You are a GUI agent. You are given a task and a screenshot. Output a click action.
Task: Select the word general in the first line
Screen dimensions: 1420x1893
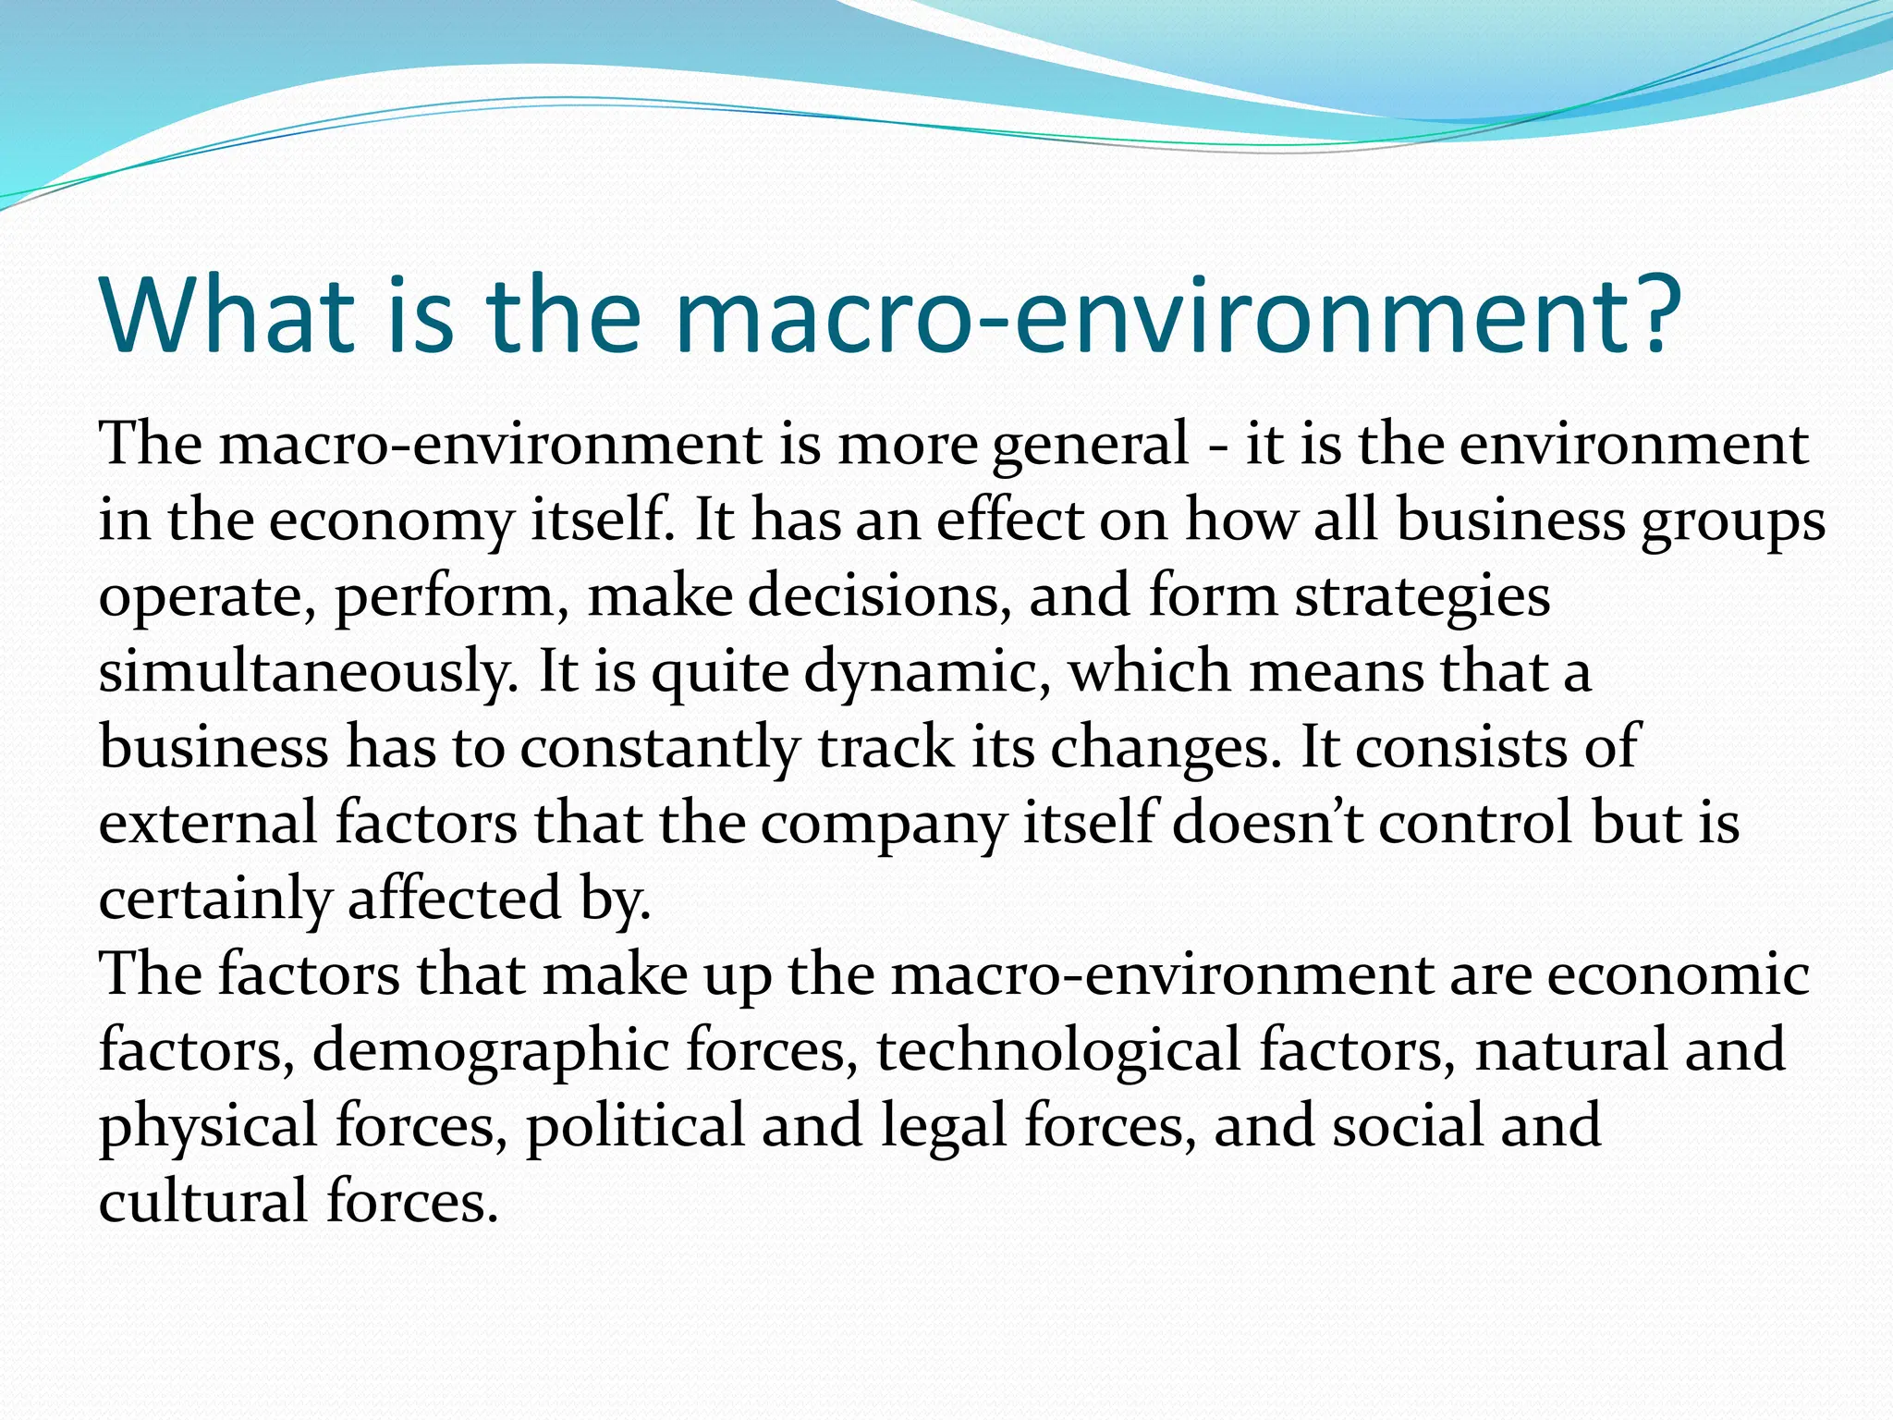point(1090,446)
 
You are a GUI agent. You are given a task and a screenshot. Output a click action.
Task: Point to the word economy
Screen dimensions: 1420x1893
point(390,521)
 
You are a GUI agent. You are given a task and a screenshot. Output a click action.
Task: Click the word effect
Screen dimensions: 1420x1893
point(1008,520)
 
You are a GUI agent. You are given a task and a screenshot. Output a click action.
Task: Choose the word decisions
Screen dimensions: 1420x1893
point(873,596)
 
